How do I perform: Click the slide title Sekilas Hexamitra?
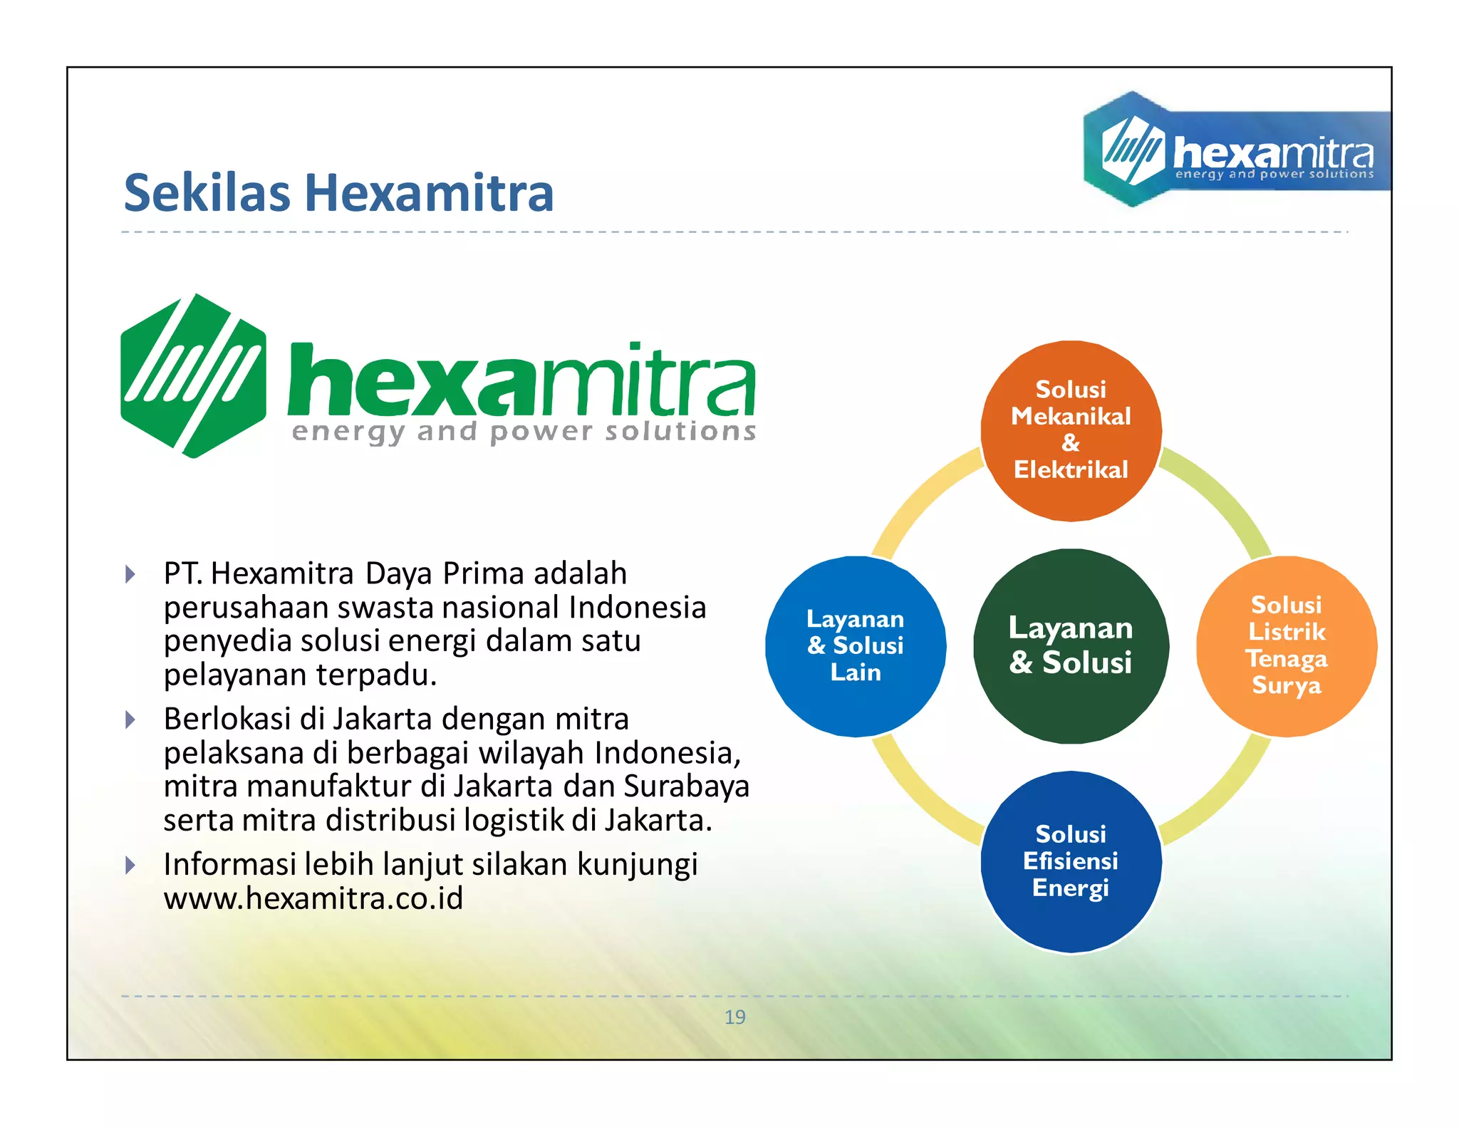tap(338, 193)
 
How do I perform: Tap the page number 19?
tap(734, 1017)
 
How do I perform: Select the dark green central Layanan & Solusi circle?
tap(1070, 645)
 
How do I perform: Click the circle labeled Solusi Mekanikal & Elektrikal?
tap(1070, 430)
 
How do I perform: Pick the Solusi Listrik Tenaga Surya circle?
tap(1286, 645)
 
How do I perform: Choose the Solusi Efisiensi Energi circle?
tap(1070, 861)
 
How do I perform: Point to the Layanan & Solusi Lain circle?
tap(855, 645)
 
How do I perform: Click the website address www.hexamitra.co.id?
tap(313, 898)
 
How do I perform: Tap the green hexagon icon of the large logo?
tap(193, 375)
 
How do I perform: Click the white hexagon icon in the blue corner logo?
tap(1132, 150)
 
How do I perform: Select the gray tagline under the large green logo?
tap(524, 432)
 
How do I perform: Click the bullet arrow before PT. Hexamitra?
tap(130, 574)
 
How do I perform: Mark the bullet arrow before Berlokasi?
tap(130, 720)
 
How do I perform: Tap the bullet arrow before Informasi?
tap(130, 866)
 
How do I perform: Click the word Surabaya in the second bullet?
tap(686, 786)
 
